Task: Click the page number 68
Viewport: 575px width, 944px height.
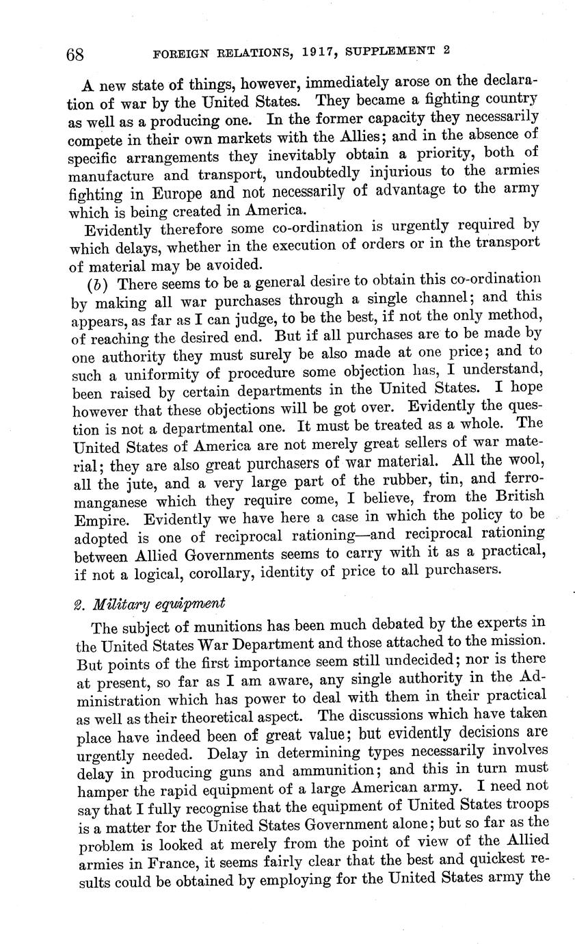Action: point(74,55)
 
